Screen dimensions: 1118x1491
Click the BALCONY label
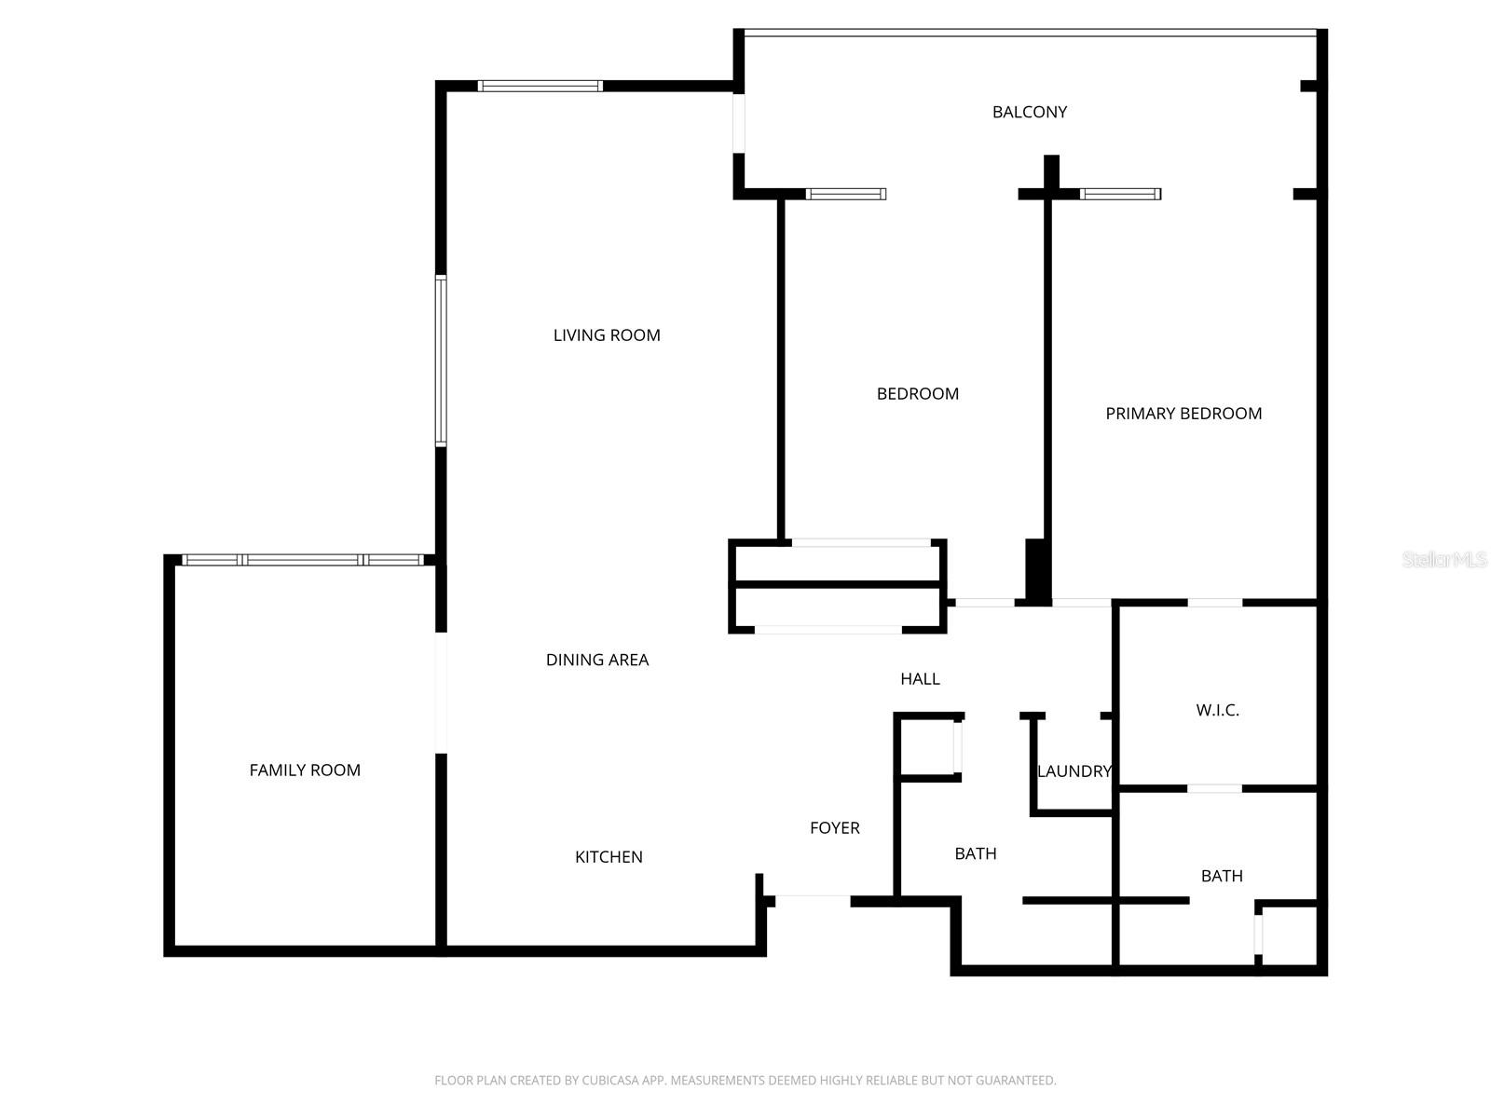point(1029,112)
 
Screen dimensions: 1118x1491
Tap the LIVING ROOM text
point(607,335)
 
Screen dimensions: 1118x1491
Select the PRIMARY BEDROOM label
point(1183,414)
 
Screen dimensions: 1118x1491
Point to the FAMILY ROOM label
point(305,770)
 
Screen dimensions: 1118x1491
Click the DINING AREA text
point(597,660)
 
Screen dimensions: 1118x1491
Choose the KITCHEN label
point(609,857)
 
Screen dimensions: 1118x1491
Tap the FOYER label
point(834,828)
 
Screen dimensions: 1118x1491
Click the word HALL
point(920,679)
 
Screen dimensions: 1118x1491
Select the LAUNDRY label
point(1074,771)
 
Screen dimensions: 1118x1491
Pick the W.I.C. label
point(1217,710)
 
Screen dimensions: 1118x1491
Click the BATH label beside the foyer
point(976,853)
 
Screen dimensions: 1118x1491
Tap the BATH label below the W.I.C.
point(1221,876)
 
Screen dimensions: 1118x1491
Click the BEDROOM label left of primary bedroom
point(917,394)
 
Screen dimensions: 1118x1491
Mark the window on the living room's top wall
point(540,86)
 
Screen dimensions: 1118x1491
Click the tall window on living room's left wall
point(441,361)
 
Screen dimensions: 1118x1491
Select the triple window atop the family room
point(303,560)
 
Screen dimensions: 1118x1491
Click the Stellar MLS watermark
point(1443,560)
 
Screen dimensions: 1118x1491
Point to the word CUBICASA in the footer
point(609,1081)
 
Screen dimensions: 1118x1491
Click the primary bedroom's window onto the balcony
point(1120,194)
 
